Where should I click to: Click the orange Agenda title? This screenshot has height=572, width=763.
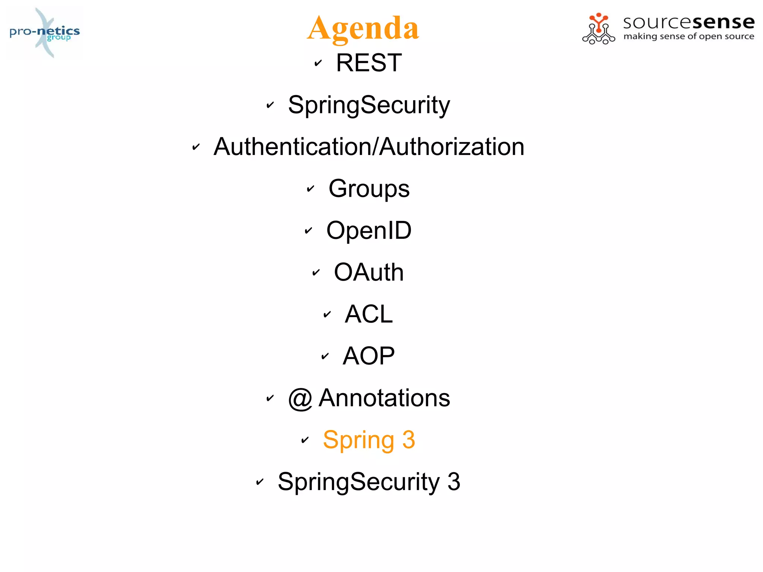tap(363, 28)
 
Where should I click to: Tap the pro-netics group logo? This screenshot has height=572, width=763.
tap(45, 32)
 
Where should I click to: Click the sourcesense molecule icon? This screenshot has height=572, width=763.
tap(598, 29)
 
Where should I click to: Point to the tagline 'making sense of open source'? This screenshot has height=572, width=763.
tap(688, 37)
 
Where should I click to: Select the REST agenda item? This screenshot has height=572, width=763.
tap(369, 63)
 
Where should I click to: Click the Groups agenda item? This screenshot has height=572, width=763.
tap(369, 189)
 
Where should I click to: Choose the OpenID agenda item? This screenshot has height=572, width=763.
tap(369, 230)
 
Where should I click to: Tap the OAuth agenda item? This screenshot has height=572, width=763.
tap(369, 272)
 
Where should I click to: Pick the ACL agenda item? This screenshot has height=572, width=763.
tap(369, 314)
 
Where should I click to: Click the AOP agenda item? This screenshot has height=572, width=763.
tap(369, 356)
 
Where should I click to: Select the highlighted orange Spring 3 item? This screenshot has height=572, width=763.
tap(369, 440)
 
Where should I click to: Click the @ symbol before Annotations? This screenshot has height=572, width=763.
tap(300, 398)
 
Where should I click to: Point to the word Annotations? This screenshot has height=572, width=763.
tap(384, 398)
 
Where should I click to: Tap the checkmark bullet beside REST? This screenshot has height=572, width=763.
tap(318, 63)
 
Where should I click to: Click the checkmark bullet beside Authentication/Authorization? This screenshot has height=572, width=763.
tap(196, 147)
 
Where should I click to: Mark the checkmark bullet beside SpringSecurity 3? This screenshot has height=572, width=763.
tap(260, 482)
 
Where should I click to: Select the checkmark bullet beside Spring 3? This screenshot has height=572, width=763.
tap(305, 440)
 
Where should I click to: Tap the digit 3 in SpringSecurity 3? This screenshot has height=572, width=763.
tap(453, 481)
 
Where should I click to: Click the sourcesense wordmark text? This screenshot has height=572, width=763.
tap(688, 22)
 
